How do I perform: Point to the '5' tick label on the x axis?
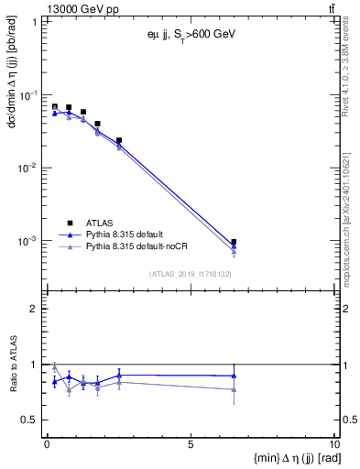[x=191, y=444]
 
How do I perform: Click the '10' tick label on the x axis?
[x=333, y=444]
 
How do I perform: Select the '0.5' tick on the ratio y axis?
[x=29, y=420]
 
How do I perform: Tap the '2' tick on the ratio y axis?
[x=35, y=309]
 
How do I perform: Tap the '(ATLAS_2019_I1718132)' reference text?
[x=190, y=273]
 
